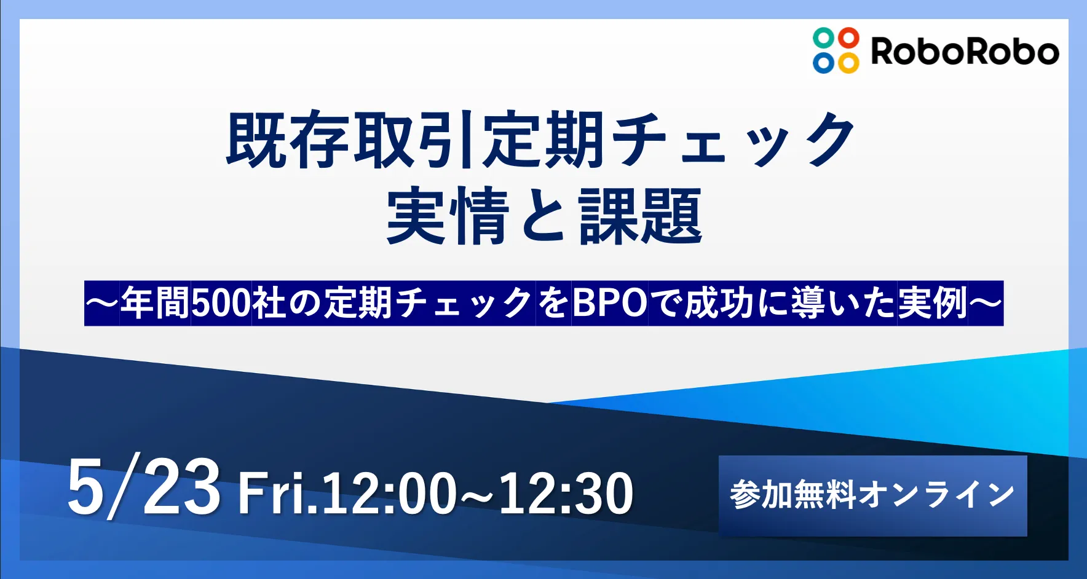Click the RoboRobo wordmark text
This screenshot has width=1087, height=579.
click(x=965, y=51)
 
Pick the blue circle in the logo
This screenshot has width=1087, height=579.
click(x=823, y=63)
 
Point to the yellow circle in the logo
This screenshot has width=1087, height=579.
click(x=848, y=63)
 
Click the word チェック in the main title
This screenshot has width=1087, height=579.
click(x=733, y=140)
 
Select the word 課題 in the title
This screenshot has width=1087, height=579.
click(x=640, y=216)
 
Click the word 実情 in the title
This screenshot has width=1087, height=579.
click(x=448, y=216)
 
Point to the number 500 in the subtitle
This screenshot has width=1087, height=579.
click(x=221, y=303)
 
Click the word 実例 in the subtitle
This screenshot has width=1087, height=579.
click(x=932, y=303)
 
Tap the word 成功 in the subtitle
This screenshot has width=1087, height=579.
click(x=719, y=303)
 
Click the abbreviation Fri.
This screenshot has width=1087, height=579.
click(x=278, y=493)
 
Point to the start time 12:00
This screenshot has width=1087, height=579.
click(x=389, y=494)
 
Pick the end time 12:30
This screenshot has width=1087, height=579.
click(x=566, y=494)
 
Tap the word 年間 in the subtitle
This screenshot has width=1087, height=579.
click(x=156, y=303)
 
